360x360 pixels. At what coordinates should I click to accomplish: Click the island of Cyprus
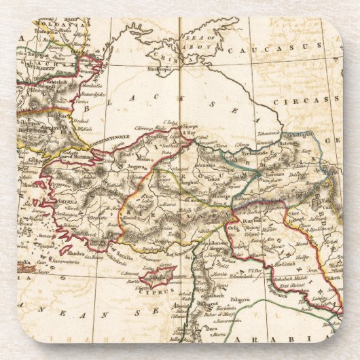coord(158,276)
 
